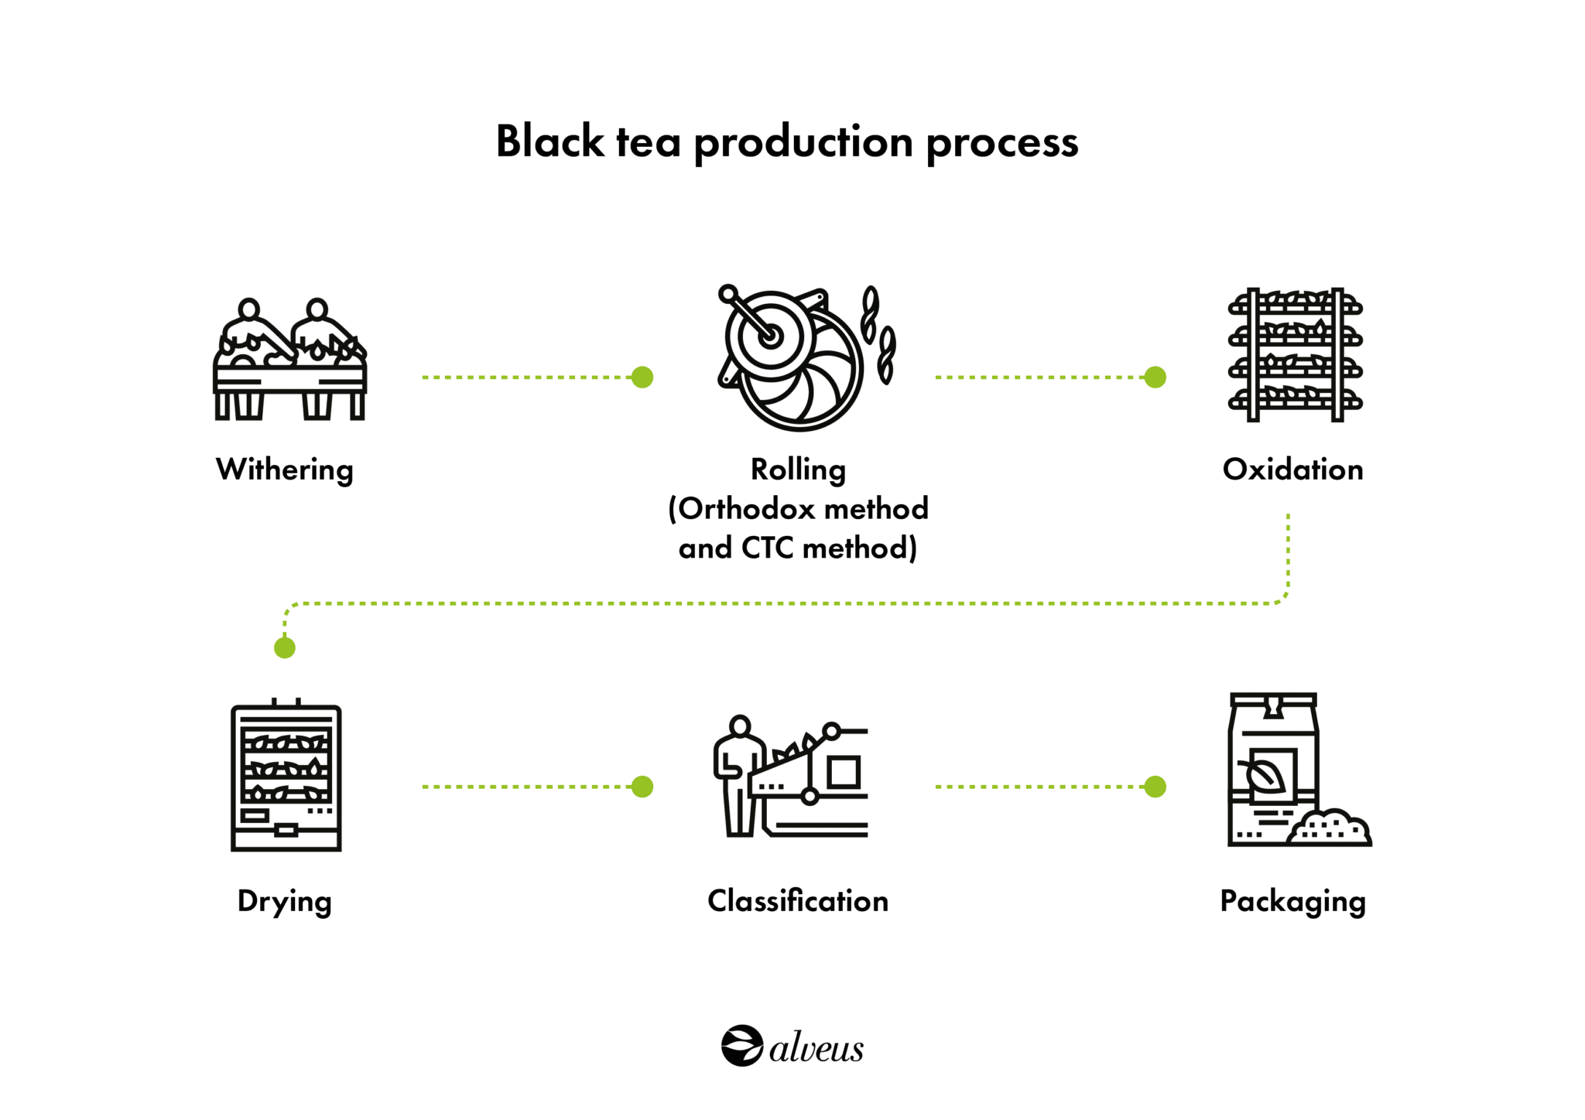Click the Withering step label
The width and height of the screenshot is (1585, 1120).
284,470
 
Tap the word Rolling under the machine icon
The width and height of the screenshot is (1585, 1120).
798,470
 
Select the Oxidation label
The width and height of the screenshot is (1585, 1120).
1292,470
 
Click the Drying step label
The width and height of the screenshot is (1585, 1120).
284,901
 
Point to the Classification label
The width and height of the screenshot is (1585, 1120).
798,901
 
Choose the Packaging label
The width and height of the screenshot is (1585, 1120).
1292,901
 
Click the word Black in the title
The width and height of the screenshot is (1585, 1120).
549,142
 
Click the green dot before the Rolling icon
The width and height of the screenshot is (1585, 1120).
642,377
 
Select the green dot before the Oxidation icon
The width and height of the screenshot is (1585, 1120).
1155,377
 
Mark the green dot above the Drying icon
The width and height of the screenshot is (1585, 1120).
285,647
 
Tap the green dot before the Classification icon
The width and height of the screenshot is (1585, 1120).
642,787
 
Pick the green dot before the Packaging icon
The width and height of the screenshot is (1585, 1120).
1155,787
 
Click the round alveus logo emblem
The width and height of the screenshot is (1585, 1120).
742,1046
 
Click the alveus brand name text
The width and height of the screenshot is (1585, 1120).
816,1048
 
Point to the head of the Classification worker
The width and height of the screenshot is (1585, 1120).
740,726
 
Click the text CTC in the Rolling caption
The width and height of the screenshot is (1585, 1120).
767,548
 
